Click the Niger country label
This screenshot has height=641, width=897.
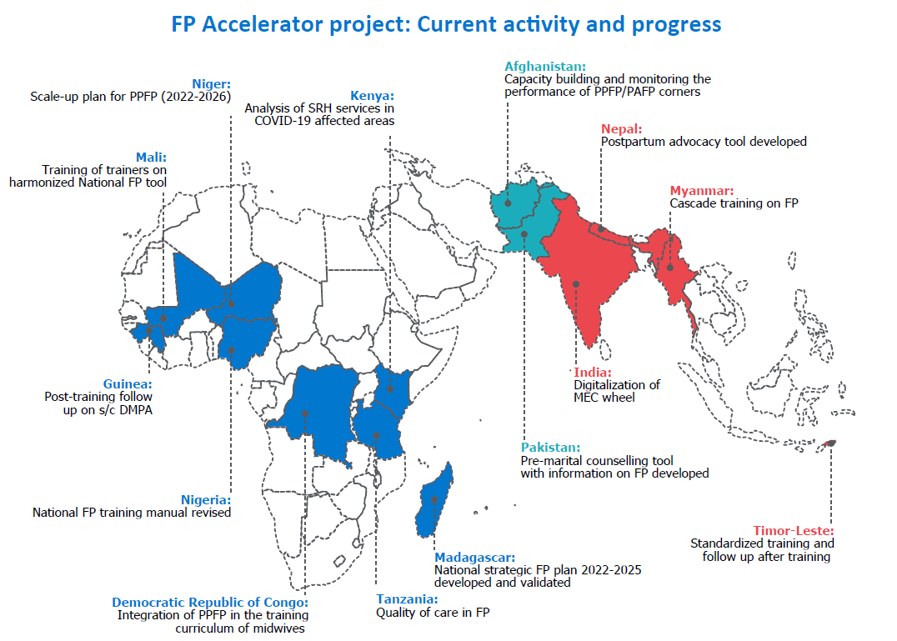(211, 84)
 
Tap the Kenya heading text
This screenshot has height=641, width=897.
(372, 96)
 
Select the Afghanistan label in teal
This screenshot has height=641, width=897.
(545, 67)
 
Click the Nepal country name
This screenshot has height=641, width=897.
(621, 129)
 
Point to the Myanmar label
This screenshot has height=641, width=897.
(701, 191)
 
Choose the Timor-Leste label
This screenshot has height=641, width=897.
(794, 531)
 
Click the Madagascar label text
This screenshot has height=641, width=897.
(475, 558)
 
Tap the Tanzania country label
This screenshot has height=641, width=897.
(407, 599)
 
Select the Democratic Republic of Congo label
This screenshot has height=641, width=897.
(210, 603)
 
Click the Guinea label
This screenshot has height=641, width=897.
(128, 384)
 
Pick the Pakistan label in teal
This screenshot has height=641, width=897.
(550, 448)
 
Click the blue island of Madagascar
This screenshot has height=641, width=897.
(435, 501)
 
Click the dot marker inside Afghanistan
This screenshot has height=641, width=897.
(508, 203)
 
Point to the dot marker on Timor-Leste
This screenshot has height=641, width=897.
(830, 443)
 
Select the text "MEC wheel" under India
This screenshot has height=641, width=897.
(604, 398)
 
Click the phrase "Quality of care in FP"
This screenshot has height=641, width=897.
(433, 613)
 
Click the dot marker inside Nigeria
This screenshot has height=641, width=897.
(231, 350)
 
